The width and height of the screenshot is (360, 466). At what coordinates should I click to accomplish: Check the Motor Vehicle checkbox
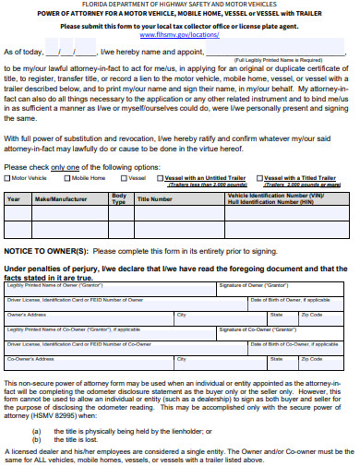[7, 177]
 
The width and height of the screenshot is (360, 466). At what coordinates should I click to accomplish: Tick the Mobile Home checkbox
[68, 177]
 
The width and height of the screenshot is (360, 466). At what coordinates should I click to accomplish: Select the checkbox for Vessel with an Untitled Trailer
[160, 177]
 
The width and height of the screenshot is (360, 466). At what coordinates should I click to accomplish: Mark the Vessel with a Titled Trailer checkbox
[259, 177]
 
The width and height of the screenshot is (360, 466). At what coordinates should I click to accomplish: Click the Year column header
[14, 198]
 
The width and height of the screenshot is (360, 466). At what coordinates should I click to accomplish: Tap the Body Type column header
[118, 198]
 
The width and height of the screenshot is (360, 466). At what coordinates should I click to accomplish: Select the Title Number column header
[155, 198]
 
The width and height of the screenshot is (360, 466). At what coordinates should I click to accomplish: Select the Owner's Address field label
[27, 315]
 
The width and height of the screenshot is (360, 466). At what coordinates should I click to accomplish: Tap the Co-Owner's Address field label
[31, 359]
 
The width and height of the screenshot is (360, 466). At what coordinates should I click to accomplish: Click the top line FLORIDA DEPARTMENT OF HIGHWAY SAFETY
[180, 5]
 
